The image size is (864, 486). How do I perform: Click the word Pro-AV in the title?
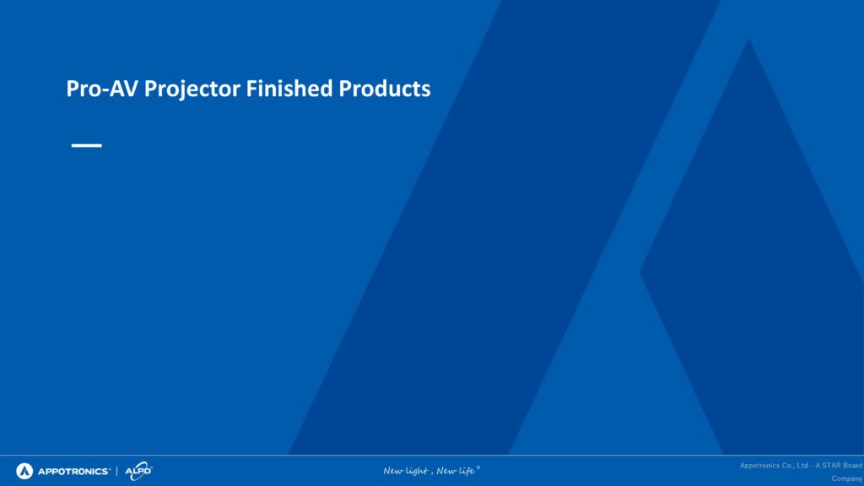click(102, 89)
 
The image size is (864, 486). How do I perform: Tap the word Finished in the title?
click(289, 88)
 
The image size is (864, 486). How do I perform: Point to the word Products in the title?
click(385, 89)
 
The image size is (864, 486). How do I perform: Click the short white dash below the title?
click(87, 145)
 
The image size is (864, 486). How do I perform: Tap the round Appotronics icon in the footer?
click(24, 471)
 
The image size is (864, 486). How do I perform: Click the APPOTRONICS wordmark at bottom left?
click(74, 472)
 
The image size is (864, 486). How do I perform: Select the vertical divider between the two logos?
click(116, 471)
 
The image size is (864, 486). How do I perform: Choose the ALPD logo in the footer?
click(138, 471)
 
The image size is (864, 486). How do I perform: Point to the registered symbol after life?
click(478, 467)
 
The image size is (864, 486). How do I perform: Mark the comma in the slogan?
click(432, 473)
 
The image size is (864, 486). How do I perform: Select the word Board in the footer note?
click(853, 466)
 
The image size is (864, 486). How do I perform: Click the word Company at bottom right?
click(847, 479)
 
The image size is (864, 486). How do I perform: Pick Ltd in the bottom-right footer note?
click(802, 466)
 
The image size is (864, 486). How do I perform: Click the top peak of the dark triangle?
click(749, 39)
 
